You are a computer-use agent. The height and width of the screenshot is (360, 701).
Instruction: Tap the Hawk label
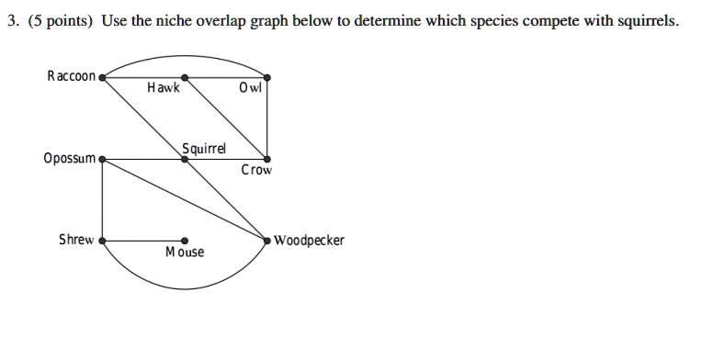pos(164,89)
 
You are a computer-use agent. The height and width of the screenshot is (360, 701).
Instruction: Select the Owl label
pos(249,89)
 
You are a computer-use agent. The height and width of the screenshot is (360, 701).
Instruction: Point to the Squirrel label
pos(203,148)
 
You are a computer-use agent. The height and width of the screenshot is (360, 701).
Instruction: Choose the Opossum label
pos(69,158)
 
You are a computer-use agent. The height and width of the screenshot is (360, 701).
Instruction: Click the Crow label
pos(256,170)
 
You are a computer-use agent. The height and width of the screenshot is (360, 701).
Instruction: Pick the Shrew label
pos(76,240)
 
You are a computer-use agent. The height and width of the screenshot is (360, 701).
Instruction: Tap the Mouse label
pos(185,252)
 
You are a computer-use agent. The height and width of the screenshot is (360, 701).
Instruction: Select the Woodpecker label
pos(309,241)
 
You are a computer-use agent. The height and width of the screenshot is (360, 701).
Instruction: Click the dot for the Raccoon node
pos(102,78)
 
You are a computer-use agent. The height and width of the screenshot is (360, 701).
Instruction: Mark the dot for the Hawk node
pos(185,78)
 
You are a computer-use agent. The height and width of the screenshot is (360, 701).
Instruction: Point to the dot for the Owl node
pos(267,78)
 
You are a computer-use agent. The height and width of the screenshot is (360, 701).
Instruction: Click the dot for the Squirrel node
pos(185,160)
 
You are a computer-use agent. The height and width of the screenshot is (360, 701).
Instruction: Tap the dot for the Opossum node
pos(102,160)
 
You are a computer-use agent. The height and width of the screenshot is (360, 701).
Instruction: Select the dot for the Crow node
pos(267,160)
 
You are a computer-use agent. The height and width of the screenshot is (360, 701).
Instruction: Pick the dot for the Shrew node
pos(102,241)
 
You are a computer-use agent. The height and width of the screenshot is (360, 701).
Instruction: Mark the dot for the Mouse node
pos(185,241)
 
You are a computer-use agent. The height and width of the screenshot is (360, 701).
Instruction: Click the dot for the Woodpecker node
pos(267,241)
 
